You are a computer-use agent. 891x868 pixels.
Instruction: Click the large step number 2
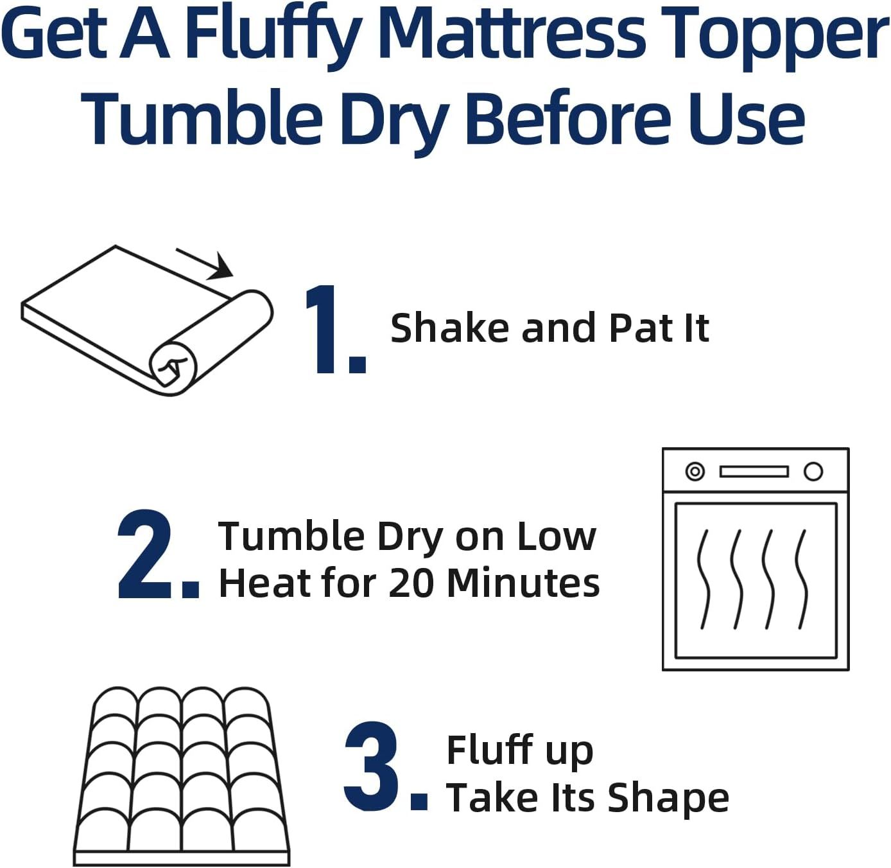[x=146, y=555]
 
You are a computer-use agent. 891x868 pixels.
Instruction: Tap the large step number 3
[x=374, y=766]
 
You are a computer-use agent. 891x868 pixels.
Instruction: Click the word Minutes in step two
[x=523, y=583]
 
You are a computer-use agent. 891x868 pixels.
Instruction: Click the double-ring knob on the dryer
[x=695, y=472]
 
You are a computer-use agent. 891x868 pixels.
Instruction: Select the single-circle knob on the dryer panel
[x=813, y=472]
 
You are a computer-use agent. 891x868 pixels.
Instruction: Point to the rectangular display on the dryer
[x=754, y=472]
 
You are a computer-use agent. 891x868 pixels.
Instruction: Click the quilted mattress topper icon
[x=182, y=774]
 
